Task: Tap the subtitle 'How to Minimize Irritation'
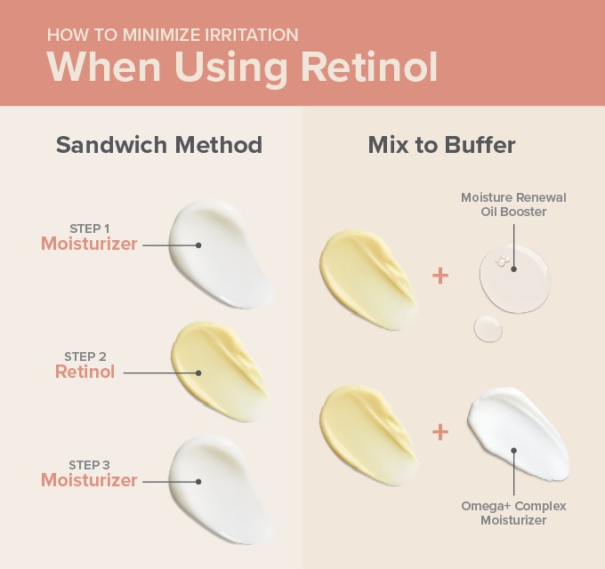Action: pos(173,36)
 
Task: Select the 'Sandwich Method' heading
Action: pos(159,145)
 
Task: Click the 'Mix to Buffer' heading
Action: pos(441,145)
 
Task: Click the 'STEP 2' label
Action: pos(85,357)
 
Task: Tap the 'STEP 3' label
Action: pos(90,465)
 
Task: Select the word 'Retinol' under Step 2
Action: pos(85,373)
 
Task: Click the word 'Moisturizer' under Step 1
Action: pos(89,244)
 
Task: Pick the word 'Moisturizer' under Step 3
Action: pos(89,480)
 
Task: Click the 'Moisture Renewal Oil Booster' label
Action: pos(513,204)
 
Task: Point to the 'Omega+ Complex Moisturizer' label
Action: pos(513,513)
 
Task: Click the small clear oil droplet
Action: pos(488,328)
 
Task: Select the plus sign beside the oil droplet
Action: pos(440,276)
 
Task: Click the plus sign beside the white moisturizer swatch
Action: pos(440,433)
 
